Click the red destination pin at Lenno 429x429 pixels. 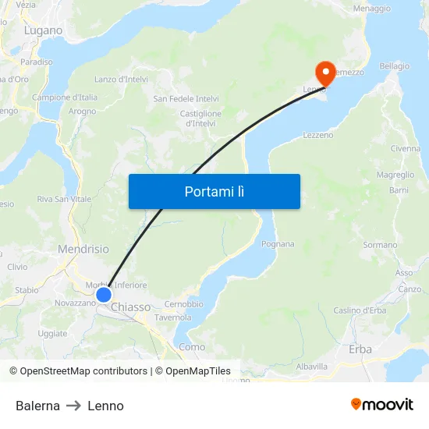click(x=324, y=73)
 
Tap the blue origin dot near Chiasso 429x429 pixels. click(x=104, y=295)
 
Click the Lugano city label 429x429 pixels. click(x=43, y=30)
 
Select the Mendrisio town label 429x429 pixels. click(x=83, y=250)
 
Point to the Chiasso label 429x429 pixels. click(x=131, y=307)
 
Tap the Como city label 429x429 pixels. click(x=192, y=346)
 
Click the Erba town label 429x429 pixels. click(x=361, y=349)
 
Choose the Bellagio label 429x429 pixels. click(x=394, y=66)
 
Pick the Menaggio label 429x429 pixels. click(x=371, y=8)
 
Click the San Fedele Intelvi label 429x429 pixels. click(x=186, y=99)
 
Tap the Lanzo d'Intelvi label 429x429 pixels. click(x=121, y=80)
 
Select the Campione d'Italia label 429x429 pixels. click(x=65, y=97)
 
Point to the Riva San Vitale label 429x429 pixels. click(x=64, y=199)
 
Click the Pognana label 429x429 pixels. click(x=278, y=244)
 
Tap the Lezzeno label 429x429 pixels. click(x=317, y=135)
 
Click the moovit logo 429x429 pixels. click(x=382, y=404)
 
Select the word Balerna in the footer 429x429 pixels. click(x=37, y=406)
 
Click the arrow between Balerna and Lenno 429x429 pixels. click(x=73, y=406)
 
